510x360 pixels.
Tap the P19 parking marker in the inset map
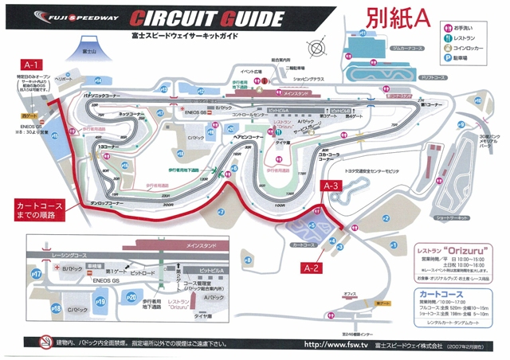[101, 302]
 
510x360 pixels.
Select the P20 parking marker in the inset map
[131, 295]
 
